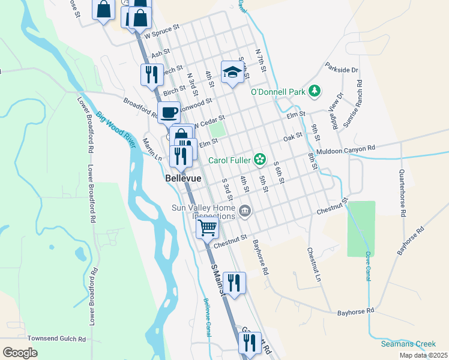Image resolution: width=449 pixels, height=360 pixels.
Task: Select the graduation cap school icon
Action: (232, 73)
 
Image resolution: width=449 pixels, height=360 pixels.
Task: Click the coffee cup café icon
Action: (169, 111)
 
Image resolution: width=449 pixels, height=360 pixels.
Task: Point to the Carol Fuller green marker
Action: (260, 159)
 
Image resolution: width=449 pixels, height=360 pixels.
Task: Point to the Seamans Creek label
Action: (408, 344)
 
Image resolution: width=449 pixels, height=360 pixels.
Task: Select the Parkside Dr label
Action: (341, 70)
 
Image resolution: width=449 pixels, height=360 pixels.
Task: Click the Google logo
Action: (20, 353)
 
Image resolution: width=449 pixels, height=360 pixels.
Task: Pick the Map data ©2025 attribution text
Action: (423, 355)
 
